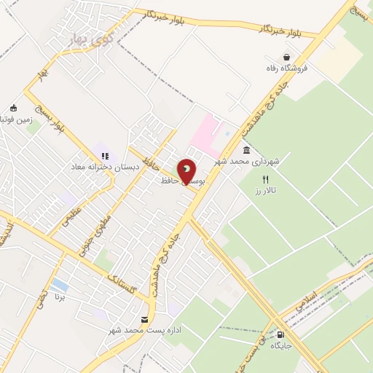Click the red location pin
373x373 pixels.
(x=187, y=171)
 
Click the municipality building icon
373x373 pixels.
(x=246, y=150)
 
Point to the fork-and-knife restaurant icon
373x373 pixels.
(x=266, y=179)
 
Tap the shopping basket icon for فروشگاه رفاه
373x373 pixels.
(x=286, y=57)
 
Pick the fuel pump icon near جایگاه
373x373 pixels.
(x=281, y=334)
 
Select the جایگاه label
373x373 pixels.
(x=281, y=346)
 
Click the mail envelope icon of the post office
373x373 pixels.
(x=144, y=320)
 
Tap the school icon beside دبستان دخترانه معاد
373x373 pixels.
(x=104, y=155)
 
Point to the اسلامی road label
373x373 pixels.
(x=307, y=300)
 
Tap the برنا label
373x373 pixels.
(x=61, y=297)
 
